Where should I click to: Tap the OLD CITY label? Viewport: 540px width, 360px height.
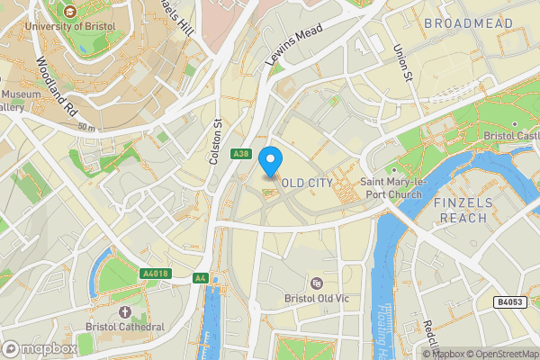pos(307,183)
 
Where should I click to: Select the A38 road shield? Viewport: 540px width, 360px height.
pos(239,154)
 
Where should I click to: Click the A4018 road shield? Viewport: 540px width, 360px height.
pos(156,273)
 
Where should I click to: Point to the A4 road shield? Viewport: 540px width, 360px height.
pos(200,278)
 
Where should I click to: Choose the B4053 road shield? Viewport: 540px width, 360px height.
pos(510,302)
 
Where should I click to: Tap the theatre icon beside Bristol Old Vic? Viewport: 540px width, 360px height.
pos(316,283)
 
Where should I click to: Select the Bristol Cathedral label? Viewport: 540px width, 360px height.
pos(125,327)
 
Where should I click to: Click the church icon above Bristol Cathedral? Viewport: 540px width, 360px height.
pos(124,312)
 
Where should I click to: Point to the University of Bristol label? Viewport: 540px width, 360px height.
pos(70,26)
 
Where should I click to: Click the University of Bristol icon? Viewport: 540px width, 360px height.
pos(70,13)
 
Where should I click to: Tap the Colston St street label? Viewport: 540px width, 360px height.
pos(215,142)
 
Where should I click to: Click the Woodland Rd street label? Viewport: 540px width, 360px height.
pos(56,88)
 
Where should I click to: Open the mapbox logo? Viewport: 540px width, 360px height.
pos(39,348)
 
